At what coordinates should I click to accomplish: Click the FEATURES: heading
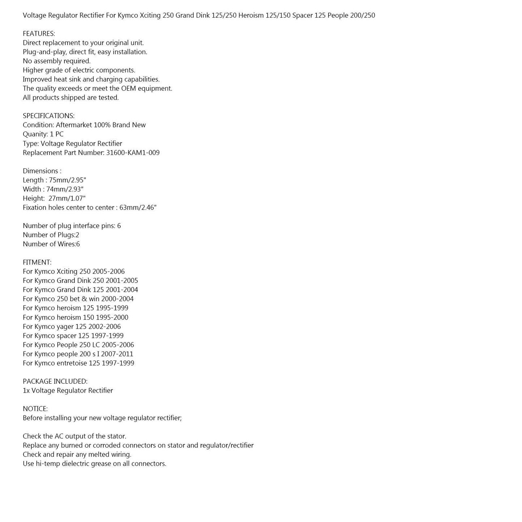coord(39,34)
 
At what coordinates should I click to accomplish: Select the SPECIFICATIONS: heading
coord(48,116)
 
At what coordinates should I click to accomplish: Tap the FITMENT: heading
coord(37,262)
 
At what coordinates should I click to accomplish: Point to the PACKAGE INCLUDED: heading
coord(55,381)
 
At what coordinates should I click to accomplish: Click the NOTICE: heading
coord(35,409)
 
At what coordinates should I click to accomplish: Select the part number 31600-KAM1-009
coord(133,153)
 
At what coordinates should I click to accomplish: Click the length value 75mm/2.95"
coord(66,180)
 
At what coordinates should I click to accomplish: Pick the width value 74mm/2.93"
coord(65,189)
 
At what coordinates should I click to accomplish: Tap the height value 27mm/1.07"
coord(67,198)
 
